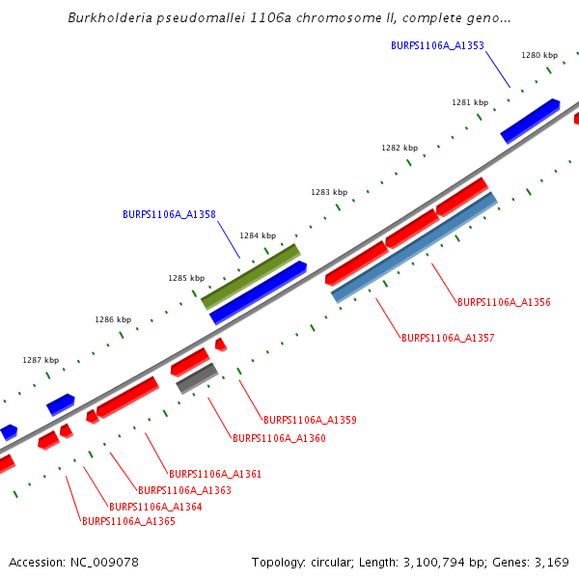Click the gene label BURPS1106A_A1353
coord(437,45)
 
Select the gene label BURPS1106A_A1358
coord(169,214)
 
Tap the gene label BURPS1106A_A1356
coord(504,302)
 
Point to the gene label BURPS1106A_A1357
coord(448,338)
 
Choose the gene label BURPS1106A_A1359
coord(310,420)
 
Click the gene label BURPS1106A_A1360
coord(279,438)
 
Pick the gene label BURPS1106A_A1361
coord(215,474)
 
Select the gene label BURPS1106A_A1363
coord(184,490)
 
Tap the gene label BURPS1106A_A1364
coord(155,507)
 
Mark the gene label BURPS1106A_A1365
coord(128,521)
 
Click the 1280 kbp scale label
coord(539,55)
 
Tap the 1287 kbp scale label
coord(41,360)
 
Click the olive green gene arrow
coord(250,276)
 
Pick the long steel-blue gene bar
coord(414,247)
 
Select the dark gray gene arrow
coord(197,378)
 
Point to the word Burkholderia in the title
coord(114,18)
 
